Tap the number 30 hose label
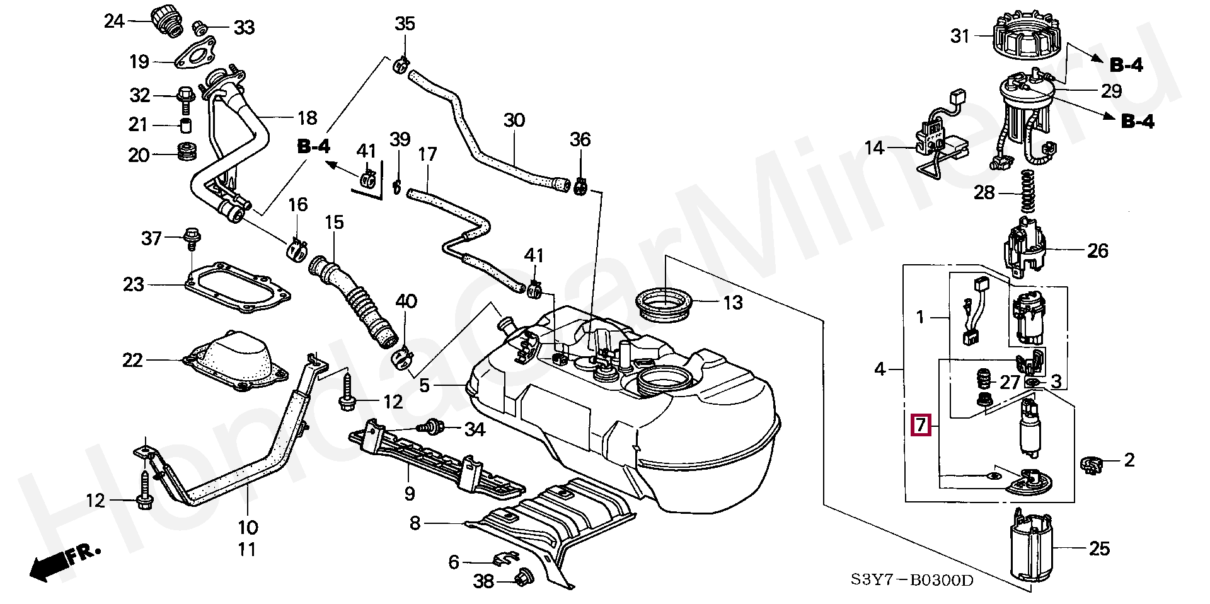click(514, 120)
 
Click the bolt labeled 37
click(190, 238)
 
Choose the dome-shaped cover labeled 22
click(231, 359)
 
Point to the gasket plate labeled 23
click(238, 289)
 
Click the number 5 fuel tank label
click(424, 385)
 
